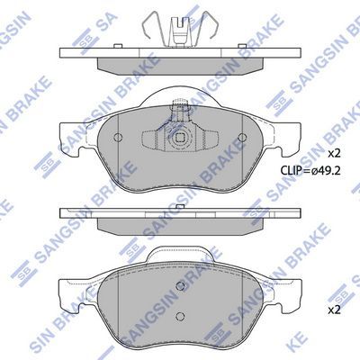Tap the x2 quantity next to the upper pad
click(x=332, y=152)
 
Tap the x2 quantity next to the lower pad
click(x=332, y=309)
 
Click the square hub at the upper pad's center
click(x=180, y=140)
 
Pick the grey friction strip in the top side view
click(x=180, y=67)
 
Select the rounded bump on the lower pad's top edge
click(x=180, y=256)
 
